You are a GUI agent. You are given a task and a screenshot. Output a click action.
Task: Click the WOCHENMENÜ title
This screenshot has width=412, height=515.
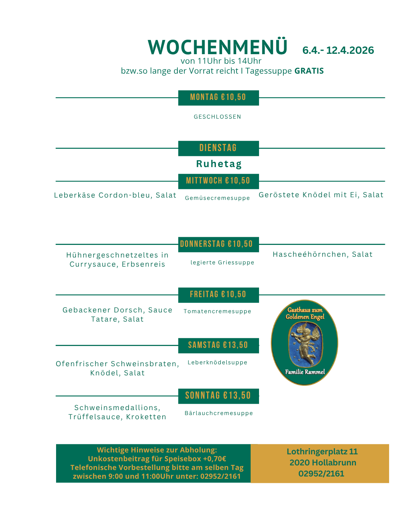(217, 47)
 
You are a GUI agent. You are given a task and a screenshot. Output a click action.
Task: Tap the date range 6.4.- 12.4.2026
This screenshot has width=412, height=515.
(338, 50)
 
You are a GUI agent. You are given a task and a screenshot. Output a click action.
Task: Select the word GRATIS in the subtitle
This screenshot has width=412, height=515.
(309, 71)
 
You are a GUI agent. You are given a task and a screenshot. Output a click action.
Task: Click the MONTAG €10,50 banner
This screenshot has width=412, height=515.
(218, 98)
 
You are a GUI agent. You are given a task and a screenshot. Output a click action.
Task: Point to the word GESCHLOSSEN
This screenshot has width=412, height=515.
(217, 117)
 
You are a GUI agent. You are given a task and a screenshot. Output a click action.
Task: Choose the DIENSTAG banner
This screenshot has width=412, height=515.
(218, 148)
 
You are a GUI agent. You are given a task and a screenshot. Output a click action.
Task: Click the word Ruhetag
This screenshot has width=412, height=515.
(219, 164)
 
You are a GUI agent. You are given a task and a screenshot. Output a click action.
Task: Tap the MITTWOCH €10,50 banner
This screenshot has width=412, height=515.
(218, 181)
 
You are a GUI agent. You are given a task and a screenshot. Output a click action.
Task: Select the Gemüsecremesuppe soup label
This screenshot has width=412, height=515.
(217, 198)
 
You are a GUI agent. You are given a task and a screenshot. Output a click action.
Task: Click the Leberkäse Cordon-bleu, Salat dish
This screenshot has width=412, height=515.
(115, 195)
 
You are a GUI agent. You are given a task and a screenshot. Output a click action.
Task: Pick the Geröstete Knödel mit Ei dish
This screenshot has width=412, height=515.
(321, 195)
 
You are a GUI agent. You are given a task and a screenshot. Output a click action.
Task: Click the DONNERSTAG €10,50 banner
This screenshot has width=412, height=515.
(217, 244)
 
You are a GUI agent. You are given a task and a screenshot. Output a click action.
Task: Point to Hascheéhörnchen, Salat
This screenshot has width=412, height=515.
(322, 254)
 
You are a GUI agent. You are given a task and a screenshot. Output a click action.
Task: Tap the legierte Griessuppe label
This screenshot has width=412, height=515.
(222, 262)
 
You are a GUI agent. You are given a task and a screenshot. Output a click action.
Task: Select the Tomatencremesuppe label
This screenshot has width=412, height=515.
(217, 311)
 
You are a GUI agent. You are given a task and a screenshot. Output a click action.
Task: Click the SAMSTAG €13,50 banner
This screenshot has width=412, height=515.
(218, 345)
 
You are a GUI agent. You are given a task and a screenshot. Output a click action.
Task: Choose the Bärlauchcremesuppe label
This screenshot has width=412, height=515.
(219, 413)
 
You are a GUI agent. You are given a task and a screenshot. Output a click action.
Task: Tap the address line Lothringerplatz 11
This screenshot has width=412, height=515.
(322, 452)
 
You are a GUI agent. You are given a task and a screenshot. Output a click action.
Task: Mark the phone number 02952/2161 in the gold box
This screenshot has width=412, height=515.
(321, 474)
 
